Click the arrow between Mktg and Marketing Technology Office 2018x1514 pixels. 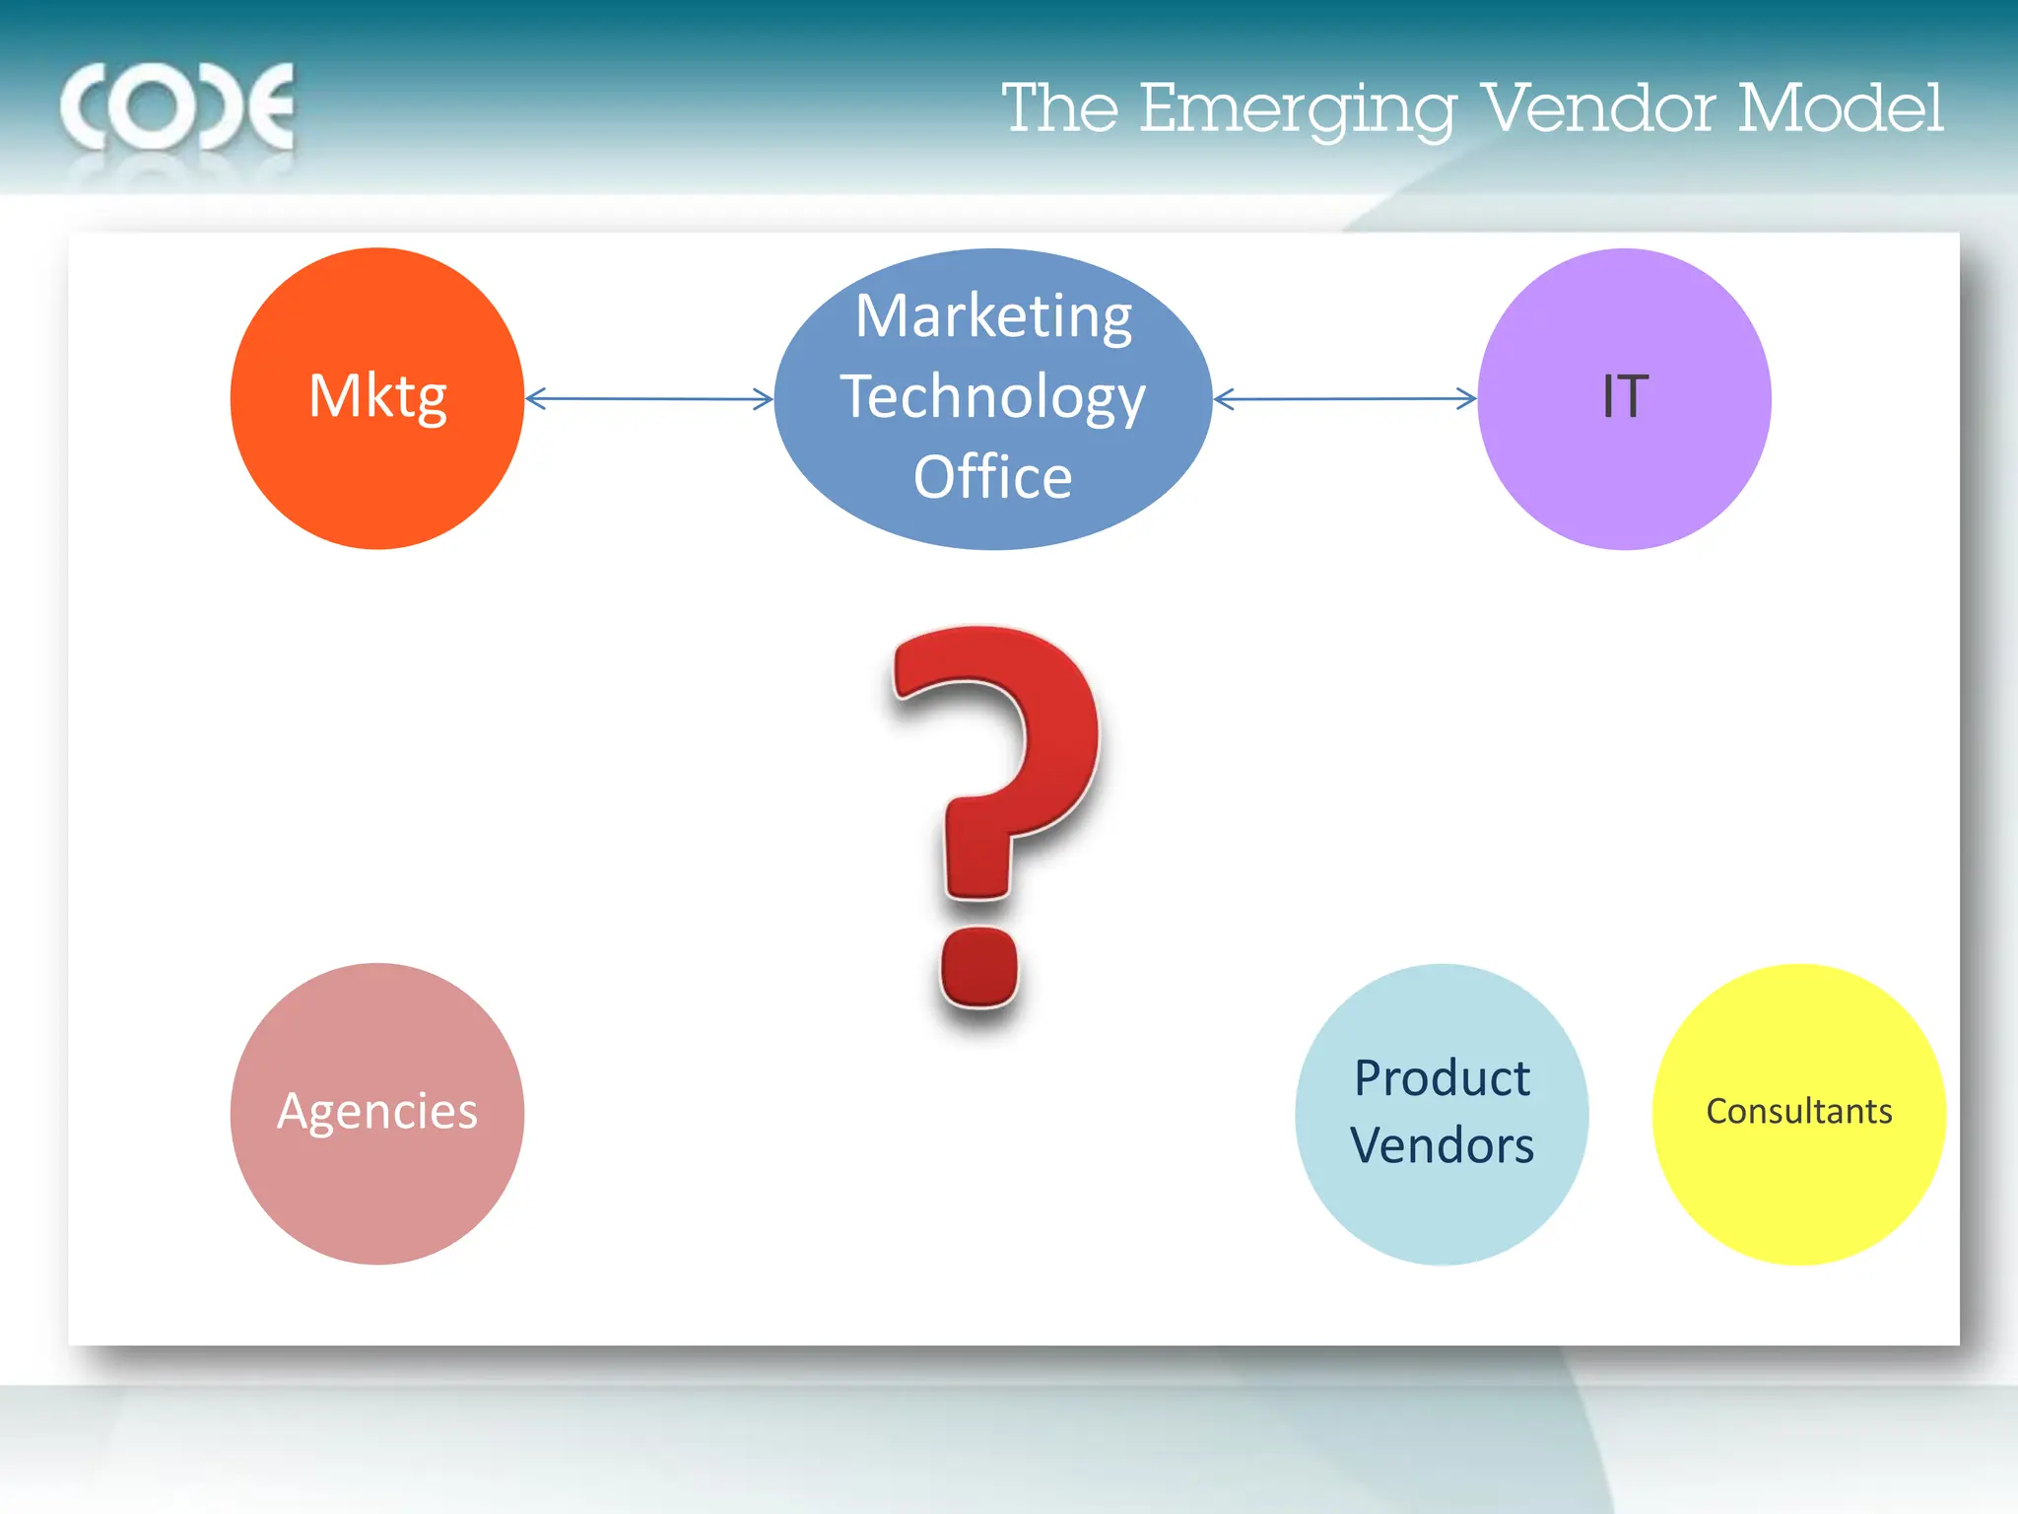648,399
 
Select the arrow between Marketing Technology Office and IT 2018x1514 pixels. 1344,399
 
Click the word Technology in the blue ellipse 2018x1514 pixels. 993,398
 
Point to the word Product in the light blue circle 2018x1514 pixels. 1442,1078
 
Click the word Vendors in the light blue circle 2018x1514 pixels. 1442,1145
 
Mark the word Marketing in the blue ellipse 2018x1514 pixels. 993,316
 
